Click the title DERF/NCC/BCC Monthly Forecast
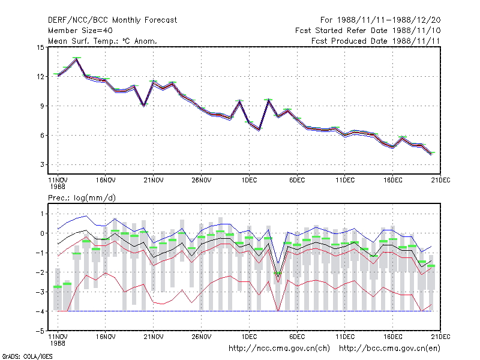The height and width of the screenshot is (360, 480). pos(112,20)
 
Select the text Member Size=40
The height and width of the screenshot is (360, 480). pos(80,31)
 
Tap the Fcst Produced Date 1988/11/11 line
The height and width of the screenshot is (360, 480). pos(376,41)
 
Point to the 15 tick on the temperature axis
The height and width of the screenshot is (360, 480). pos(40,47)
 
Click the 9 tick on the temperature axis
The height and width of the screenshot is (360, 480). pos(42,106)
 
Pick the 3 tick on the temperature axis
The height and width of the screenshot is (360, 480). pos(42,164)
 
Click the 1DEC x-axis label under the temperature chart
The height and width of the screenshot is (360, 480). pos(249,181)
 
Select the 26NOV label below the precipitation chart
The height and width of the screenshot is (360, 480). pos(202,337)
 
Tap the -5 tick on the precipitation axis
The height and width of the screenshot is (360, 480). pos(40,331)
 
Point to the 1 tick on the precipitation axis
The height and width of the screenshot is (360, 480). pos(42,214)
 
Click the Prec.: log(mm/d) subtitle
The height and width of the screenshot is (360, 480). pos(82,198)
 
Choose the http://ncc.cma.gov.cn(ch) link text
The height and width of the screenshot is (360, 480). pos(279,349)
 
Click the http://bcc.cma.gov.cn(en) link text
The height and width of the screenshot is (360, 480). pos(389,349)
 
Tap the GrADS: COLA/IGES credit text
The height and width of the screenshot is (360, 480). pos(27,356)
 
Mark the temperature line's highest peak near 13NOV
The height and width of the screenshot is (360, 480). pos(77,59)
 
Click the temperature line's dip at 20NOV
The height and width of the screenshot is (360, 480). pos(144,106)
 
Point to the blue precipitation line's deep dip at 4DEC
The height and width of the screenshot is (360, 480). pos(278,263)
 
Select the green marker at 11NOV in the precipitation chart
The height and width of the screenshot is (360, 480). pos(58,287)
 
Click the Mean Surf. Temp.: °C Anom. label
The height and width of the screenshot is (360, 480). pos(103,41)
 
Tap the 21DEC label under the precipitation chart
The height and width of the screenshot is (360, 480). pos(440,337)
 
